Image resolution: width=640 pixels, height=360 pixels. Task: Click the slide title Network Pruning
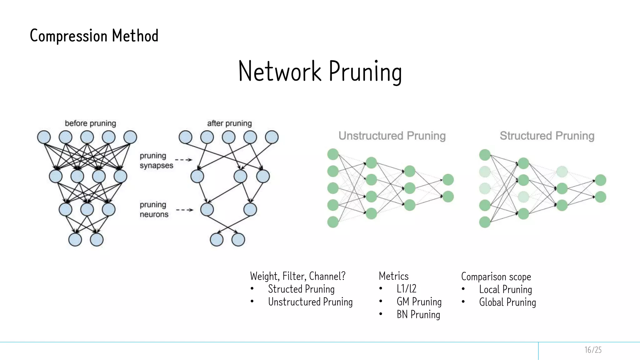(x=320, y=72)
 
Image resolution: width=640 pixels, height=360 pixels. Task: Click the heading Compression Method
(x=94, y=36)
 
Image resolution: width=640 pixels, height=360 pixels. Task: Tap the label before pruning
(x=90, y=123)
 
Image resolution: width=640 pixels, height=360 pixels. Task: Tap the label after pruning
(x=229, y=123)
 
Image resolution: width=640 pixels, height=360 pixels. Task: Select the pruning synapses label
(x=156, y=160)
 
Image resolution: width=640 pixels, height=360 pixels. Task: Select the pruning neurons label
(x=154, y=209)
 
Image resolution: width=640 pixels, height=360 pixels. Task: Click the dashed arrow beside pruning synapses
(x=184, y=160)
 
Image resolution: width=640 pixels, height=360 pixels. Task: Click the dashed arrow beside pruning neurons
(x=185, y=210)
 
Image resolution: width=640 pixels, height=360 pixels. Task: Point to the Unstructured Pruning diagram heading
(x=392, y=136)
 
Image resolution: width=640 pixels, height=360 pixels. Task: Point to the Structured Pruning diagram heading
(x=547, y=136)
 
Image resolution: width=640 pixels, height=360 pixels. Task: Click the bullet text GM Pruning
(x=419, y=302)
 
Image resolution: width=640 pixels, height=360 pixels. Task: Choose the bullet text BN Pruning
(x=418, y=314)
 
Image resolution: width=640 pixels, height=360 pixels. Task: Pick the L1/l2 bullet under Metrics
(x=406, y=289)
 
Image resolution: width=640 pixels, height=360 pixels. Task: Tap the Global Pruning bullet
(x=507, y=302)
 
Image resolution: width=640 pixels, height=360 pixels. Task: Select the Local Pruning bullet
(x=505, y=289)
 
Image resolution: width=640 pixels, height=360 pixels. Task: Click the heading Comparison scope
(x=496, y=277)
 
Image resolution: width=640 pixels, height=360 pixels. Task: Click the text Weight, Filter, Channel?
(x=297, y=276)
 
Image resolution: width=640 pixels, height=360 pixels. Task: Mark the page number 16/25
(x=593, y=350)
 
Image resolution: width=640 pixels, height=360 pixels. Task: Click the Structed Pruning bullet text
(x=301, y=289)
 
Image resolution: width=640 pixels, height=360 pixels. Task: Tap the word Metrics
(x=393, y=276)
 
